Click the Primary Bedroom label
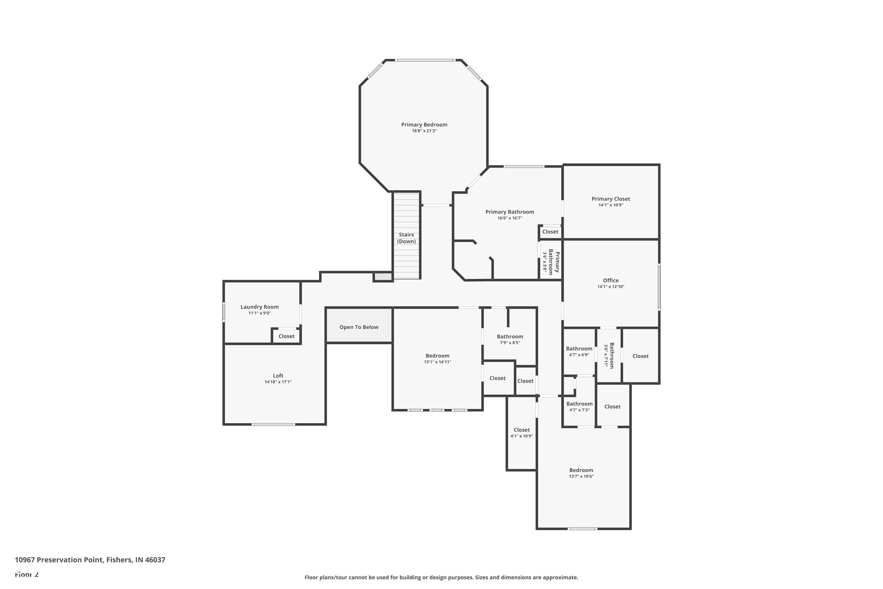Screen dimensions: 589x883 [x=424, y=125]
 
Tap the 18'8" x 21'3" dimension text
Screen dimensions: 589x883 [x=424, y=131]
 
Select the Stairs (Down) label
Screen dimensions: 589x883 [x=406, y=238]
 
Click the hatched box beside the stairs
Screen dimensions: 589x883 [x=383, y=277]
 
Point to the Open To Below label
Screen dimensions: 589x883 [x=358, y=327]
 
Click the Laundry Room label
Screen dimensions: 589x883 [x=259, y=307]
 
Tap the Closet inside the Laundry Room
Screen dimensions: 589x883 [x=286, y=336]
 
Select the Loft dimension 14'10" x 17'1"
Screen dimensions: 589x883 [x=278, y=382]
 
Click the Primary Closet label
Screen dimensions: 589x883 [x=610, y=199]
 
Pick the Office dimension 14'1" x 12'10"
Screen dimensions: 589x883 [x=610, y=287]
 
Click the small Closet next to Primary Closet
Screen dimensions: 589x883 [x=550, y=232]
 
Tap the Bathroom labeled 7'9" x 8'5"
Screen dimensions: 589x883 [x=509, y=337]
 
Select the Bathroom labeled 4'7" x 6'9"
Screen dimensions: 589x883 [x=579, y=349]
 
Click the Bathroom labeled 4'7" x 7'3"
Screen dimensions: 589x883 [x=579, y=404]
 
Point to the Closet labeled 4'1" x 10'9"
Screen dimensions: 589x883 [x=522, y=430]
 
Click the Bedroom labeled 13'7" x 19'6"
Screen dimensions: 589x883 [x=581, y=470]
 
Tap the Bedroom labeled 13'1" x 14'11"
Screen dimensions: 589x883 [x=437, y=356]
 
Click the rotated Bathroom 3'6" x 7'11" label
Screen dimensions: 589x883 [x=609, y=355]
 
